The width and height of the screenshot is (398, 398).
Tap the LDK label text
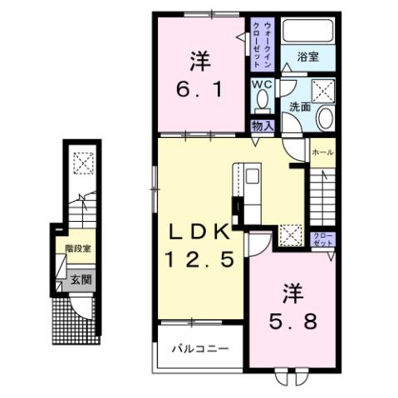(x=199, y=232)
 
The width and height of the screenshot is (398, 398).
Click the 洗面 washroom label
(x=300, y=107)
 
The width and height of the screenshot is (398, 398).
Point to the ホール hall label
(x=322, y=153)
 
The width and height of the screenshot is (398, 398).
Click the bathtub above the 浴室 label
(x=306, y=31)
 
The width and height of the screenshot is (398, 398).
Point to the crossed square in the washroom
(x=322, y=91)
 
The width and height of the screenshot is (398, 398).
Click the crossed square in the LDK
(x=289, y=236)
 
